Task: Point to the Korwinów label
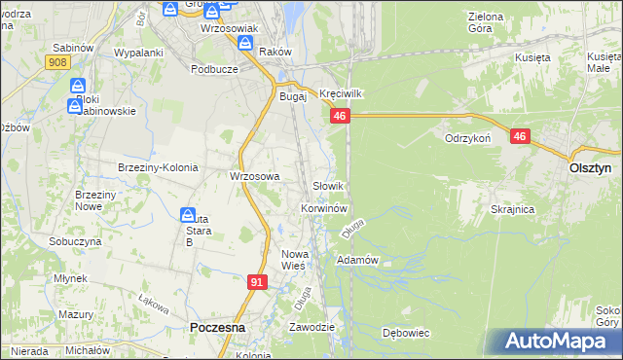(x=324, y=208)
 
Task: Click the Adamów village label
(x=356, y=260)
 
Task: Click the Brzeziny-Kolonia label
(x=158, y=167)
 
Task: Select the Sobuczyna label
(x=75, y=240)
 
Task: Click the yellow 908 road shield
(x=56, y=61)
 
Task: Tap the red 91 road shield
(x=257, y=282)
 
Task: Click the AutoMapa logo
(x=558, y=341)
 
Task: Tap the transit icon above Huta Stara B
(x=189, y=213)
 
